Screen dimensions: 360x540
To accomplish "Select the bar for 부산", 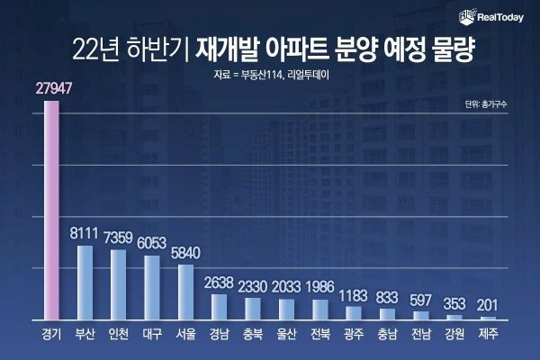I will click(85, 283).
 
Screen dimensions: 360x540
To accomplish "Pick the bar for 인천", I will click(118, 284).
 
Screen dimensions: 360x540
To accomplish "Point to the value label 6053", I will click(152, 243).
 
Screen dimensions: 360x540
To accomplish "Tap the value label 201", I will click(487, 304).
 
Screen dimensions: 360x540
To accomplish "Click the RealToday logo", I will click(492, 14).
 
